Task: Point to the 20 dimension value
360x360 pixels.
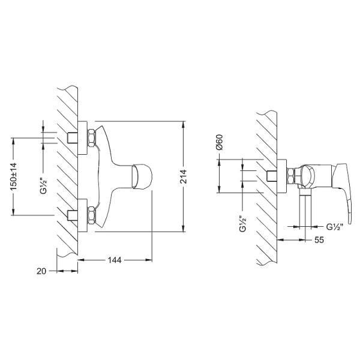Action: (x=41, y=271)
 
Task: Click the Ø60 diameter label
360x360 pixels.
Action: (x=220, y=143)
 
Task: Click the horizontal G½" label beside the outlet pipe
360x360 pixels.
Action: (x=334, y=227)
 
